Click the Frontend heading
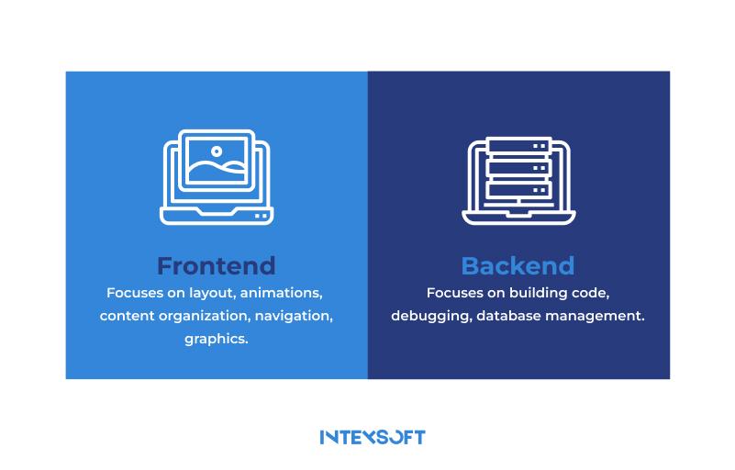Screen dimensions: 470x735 pyautogui.click(x=216, y=266)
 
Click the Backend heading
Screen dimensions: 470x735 pyautogui.click(x=518, y=266)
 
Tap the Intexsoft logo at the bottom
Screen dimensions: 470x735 pyautogui.click(x=373, y=437)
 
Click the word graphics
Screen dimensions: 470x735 pyautogui.click(x=217, y=340)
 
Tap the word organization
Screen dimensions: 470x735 pyautogui.click(x=195, y=317)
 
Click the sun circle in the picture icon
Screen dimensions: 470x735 pyautogui.click(x=217, y=151)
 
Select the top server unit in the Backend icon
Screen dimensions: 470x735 pyautogui.click(x=518, y=145)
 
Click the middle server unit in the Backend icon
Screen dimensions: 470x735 pyautogui.click(x=518, y=168)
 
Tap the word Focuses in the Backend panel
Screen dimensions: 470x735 pyautogui.click(x=454, y=294)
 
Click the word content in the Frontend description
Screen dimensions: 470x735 pyautogui.click(x=126, y=317)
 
